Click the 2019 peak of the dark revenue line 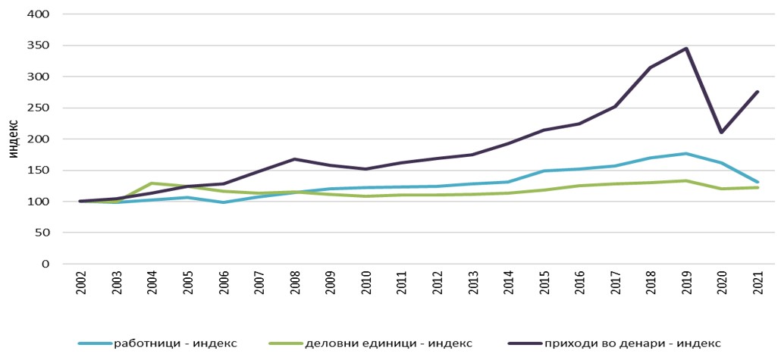[x=686, y=49]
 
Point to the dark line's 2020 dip [x=722, y=133]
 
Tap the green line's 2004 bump [x=151, y=183]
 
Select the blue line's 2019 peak [x=686, y=154]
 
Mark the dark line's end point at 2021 [x=757, y=92]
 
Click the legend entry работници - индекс [x=175, y=343]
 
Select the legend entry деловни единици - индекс [x=388, y=343]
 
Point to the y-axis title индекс [x=13, y=139]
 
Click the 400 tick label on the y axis [x=39, y=14]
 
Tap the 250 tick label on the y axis [x=39, y=108]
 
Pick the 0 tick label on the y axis [x=45, y=264]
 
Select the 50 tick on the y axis [x=42, y=233]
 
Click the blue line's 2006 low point [x=222, y=202]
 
